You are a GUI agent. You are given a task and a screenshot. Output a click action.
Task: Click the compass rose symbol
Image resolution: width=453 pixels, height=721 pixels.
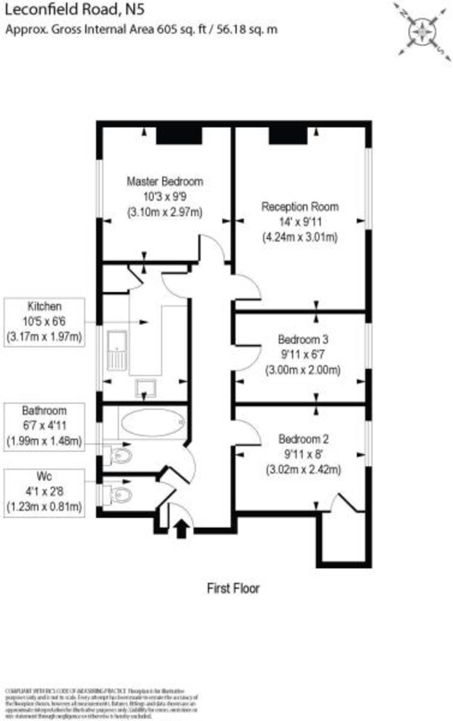424,29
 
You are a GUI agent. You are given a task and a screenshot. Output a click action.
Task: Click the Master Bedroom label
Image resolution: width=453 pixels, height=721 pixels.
165,181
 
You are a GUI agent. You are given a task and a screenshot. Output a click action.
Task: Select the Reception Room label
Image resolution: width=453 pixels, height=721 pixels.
300,207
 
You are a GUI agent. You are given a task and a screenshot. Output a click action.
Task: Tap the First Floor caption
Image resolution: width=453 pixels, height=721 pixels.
233,588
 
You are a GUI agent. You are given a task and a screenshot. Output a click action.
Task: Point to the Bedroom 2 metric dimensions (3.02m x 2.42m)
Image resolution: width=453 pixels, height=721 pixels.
303,470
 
